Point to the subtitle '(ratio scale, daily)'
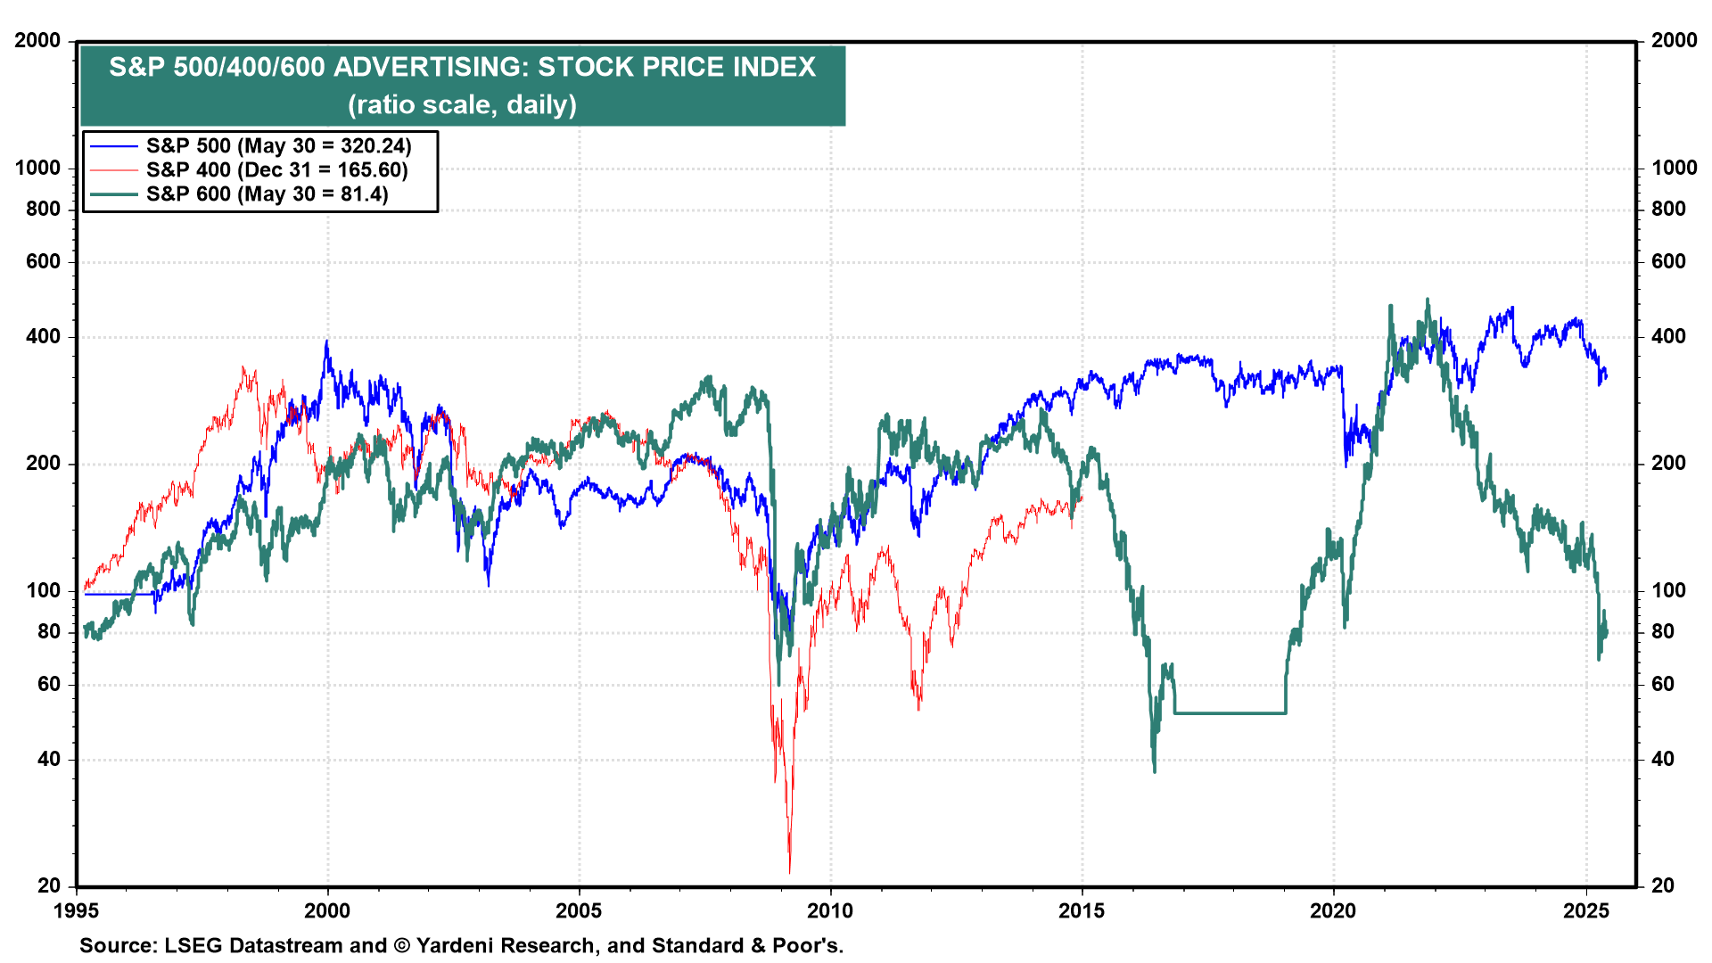pos(462,105)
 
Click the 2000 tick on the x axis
pos(327,911)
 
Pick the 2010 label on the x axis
pos(830,911)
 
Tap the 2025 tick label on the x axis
pos(1586,911)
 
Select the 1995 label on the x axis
pos(77,911)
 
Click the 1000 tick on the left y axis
pos(38,168)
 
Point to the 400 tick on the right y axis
pos(1668,337)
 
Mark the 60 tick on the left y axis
pos(49,684)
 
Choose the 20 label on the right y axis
pos(1663,885)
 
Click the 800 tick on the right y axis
pos(1668,209)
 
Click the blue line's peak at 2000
pos(326,341)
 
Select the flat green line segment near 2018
pos(1230,713)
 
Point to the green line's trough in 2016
pos(1155,770)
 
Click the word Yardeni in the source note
pos(454,946)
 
